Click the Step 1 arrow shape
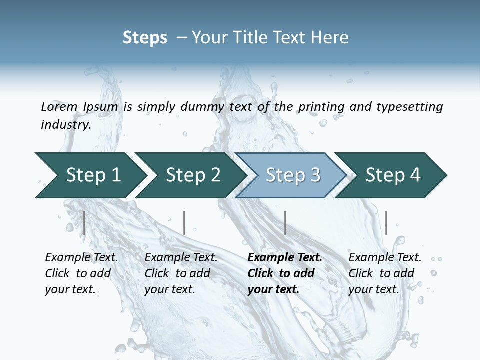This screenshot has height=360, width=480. click(93, 175)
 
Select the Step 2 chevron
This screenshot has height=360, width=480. click(193, 175)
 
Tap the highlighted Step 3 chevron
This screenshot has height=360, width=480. click(293, 175)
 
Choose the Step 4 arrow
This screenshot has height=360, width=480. click(393, 175)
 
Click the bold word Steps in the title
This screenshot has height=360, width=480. click(145, 38)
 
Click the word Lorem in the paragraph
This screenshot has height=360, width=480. click(59, 107)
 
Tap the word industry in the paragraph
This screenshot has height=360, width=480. click(65, 125)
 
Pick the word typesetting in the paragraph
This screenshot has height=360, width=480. click(409, 107)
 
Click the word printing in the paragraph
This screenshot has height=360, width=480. click(321, 107)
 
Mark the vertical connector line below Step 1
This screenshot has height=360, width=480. click(84, 223)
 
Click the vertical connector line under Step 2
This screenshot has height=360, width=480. click(184, 223)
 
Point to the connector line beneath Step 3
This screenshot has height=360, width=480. click(285, 223)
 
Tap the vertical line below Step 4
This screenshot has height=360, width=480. click(386, 223)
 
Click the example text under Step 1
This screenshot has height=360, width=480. click(81, 273)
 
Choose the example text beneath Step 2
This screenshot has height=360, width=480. click(181, 273)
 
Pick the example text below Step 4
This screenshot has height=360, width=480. click(385, 273)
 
